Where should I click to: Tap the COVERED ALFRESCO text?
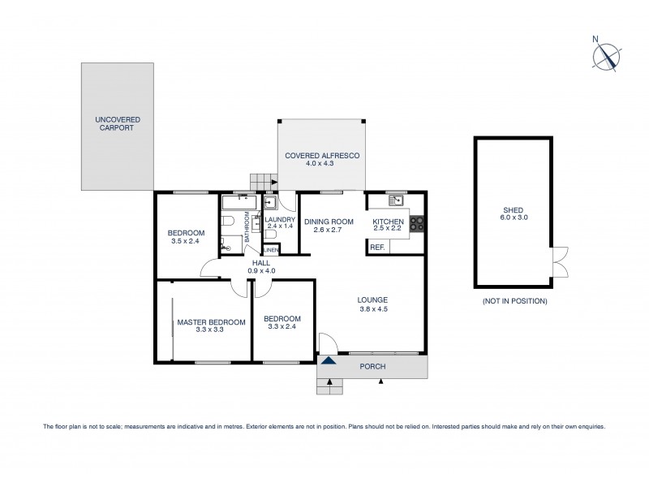(x=322, y=159)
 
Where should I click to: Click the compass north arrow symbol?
(x=606, y=54)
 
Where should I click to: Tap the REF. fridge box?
(x=377, y=246)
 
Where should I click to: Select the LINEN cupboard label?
(x=270, y=250)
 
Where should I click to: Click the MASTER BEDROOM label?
(x=200, y=325)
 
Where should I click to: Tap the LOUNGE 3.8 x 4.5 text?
(x=372, y=304)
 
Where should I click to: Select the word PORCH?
(x=373, y=367)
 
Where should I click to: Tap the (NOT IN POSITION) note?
(x=514, y=301)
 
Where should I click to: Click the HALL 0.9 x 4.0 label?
(x=262, y=266)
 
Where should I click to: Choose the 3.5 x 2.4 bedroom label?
(x=187, y=237)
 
